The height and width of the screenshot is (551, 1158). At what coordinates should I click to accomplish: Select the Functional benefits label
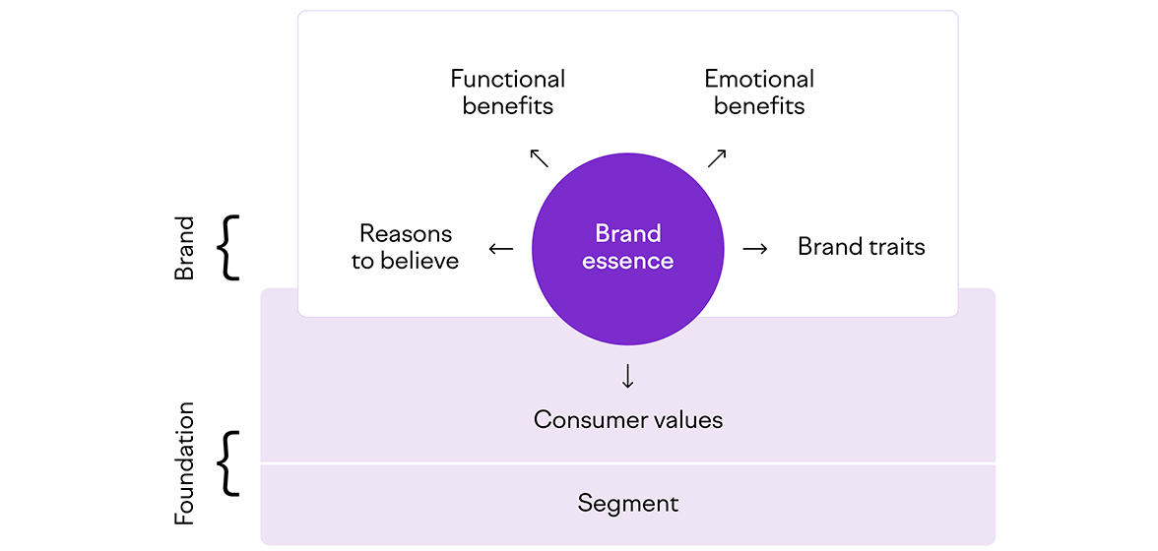click(508, 92)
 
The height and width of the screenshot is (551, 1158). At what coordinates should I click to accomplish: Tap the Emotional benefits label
click(759, 92)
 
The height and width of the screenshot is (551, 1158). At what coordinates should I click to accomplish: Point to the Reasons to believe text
click(406, 247)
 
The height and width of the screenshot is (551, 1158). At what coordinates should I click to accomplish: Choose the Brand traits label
click(862, 246)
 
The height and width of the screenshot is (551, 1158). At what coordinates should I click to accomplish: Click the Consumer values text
click(628, 420)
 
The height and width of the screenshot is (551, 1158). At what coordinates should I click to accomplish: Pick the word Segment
click(628, 504)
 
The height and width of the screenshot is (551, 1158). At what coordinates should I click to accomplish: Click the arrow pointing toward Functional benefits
click(539, 157)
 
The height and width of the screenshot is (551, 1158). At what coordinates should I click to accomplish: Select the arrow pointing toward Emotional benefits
click(717, 157)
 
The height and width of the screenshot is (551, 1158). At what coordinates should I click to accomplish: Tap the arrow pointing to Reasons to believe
click(501, 249)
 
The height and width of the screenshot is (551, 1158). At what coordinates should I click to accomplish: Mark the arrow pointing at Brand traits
click(755, 249)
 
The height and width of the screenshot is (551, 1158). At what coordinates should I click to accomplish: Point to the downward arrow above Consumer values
click(628, 376)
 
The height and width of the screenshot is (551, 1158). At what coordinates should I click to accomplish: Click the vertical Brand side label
click(184, 249)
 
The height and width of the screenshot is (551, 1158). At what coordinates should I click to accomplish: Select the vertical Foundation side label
click(184, 462)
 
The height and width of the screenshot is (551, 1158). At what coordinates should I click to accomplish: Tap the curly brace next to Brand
click(228, 249)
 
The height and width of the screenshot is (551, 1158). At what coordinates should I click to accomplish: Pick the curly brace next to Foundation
click(228, 462)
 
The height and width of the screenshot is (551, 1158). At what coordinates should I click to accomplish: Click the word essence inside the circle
click(628, 261)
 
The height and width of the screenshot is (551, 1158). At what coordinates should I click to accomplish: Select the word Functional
click(508, 79)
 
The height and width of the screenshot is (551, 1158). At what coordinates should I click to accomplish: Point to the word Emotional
click(759, 79)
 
